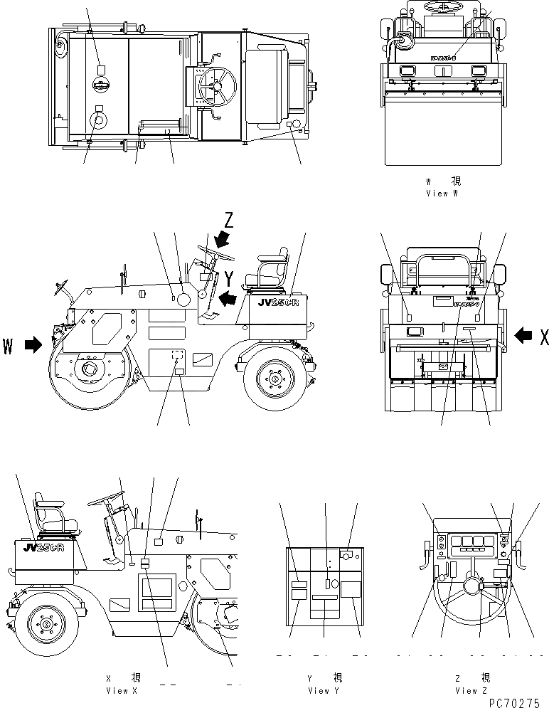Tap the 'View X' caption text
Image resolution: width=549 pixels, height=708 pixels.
coord(117,690)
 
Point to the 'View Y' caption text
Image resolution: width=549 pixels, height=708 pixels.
coord(324,690)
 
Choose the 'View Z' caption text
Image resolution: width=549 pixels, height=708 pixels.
coord(471,690)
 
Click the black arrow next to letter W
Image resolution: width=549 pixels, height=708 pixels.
coord(33,346)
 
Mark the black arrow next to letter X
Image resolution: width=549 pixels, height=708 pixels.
coord(523,333)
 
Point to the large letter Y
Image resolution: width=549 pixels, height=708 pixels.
coord(229,278)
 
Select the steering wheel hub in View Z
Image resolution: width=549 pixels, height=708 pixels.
coord(471,586)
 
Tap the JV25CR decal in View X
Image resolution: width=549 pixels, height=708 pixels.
coord(44,548)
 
